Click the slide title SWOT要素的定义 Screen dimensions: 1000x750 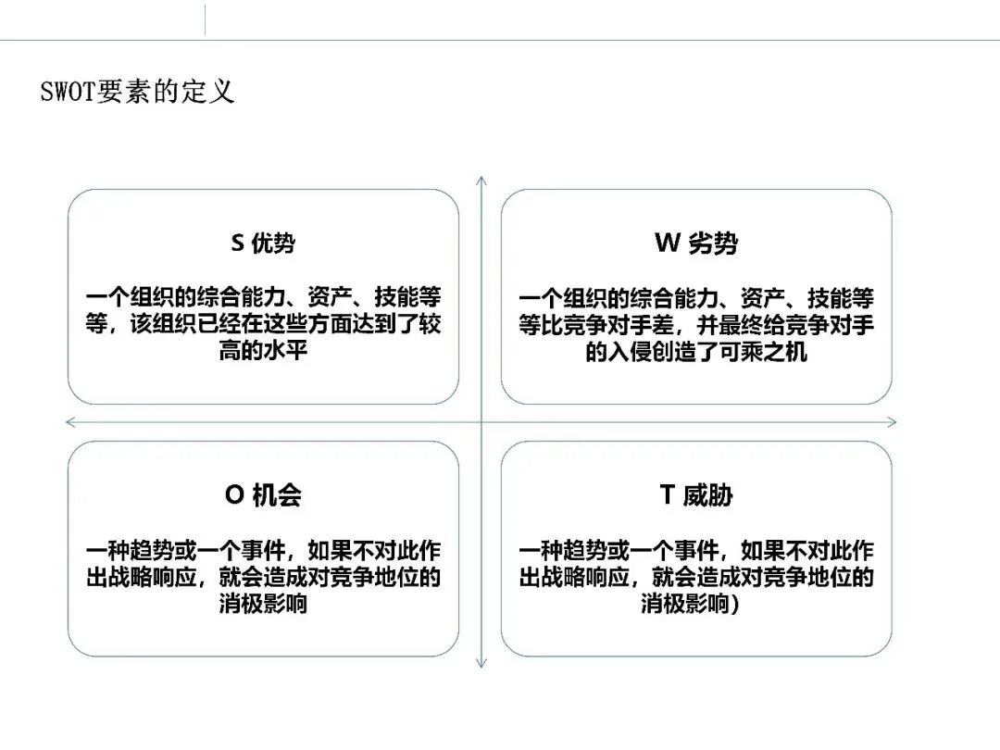[137, 93]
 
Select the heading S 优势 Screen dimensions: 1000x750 [263, 244]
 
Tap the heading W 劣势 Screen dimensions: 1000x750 [696, 244]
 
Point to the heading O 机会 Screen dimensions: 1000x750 [263, 495]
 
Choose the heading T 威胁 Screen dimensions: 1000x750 [696, 495]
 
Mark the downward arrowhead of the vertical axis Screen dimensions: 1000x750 [481, 664]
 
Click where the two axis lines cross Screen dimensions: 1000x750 [481, 422]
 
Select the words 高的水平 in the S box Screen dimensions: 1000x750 [263, 353]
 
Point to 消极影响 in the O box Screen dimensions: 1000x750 [263, 604]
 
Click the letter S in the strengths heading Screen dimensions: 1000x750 [237, 244]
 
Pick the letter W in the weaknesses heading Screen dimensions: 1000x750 [667, 244]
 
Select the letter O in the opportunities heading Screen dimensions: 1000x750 [233, 495]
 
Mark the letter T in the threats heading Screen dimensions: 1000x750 [667, 495]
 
